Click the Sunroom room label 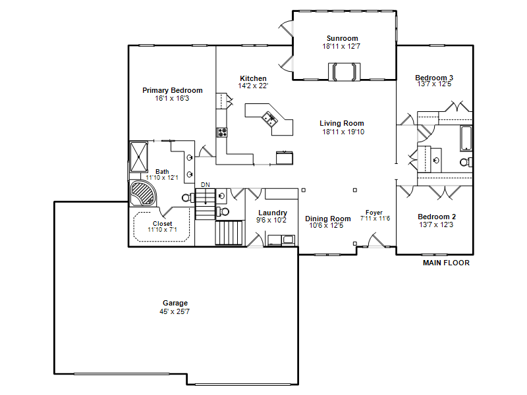[x=342, y=38]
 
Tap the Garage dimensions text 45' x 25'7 [x=175, y=311]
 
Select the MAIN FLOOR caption [x=446, y=263]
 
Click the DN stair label [x=206, y=185]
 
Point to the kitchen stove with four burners [x=221, y=132]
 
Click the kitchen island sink [x=269, y=118]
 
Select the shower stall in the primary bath [x=139, y=157]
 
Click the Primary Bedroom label [x=173, y=90]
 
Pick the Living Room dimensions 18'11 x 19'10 [x=343, y=132]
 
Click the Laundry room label [x=273, y=213]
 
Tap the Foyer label [x=374, y=213]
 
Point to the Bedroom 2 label [x=437, y=217]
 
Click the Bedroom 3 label [x=434, y=78]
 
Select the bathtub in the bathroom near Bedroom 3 [x=466, y=138]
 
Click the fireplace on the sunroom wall [x=344, y=72]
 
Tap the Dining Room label [x=327, y=219]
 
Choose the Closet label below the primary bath [x=162, y=223]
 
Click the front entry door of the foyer [x=376, y=240]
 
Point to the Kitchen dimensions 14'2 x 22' [x=253, y=86]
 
